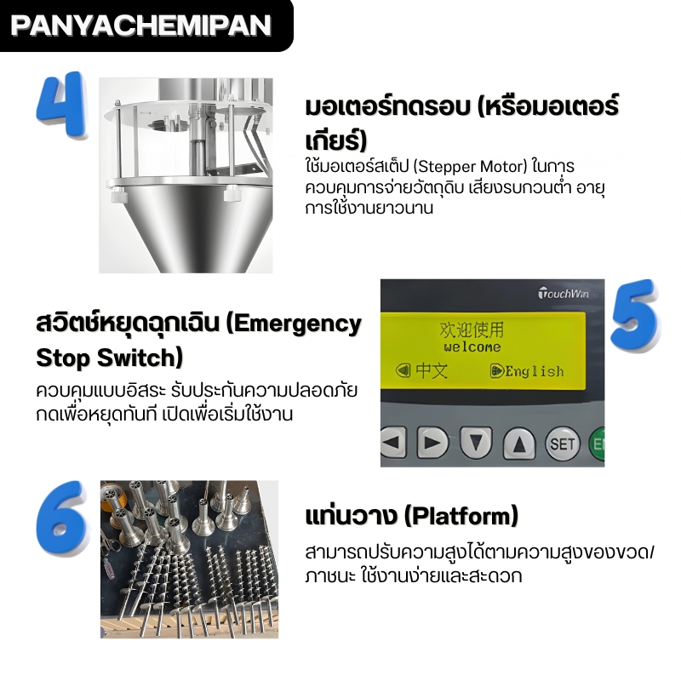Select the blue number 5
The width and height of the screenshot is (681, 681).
(x=635, y=318)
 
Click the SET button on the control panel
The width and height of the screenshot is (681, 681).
(x=563, y=444)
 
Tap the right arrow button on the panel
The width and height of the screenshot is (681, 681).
(x=433, y=443)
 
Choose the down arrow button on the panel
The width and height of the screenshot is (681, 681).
(x=476, y=443)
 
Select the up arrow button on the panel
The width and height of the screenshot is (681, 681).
(x=519, y=444)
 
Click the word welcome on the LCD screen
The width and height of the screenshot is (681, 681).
(x=472, y=347)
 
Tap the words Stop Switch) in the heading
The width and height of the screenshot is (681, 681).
(x=109, y=357)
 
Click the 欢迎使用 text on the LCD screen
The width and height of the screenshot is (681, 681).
(x=471, y=329)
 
